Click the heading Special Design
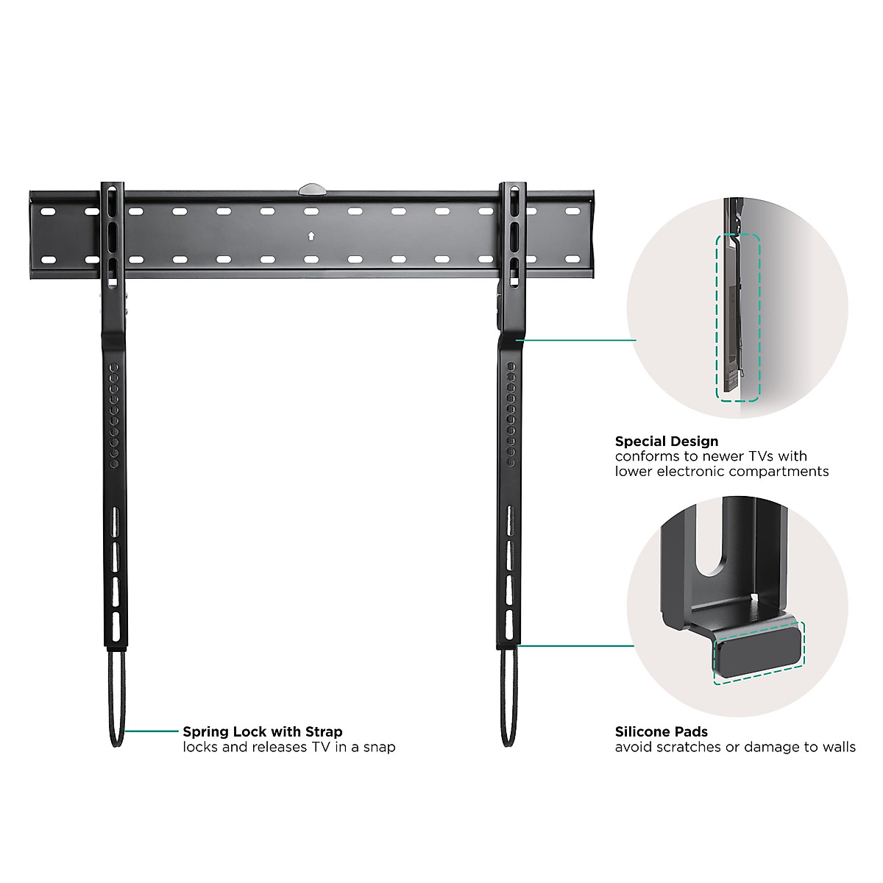(x=666, y=441)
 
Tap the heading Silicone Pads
(x=661, y=731)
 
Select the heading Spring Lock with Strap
(x=262, y=731)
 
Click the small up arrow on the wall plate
(x=311, y=236)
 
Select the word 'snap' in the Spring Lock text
(x=379, y=748)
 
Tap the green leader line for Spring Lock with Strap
(x=152, y=731)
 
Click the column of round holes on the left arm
(x=113, y=416)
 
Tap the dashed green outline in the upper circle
(x=738, y=318)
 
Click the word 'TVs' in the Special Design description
(x=761, y=456)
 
